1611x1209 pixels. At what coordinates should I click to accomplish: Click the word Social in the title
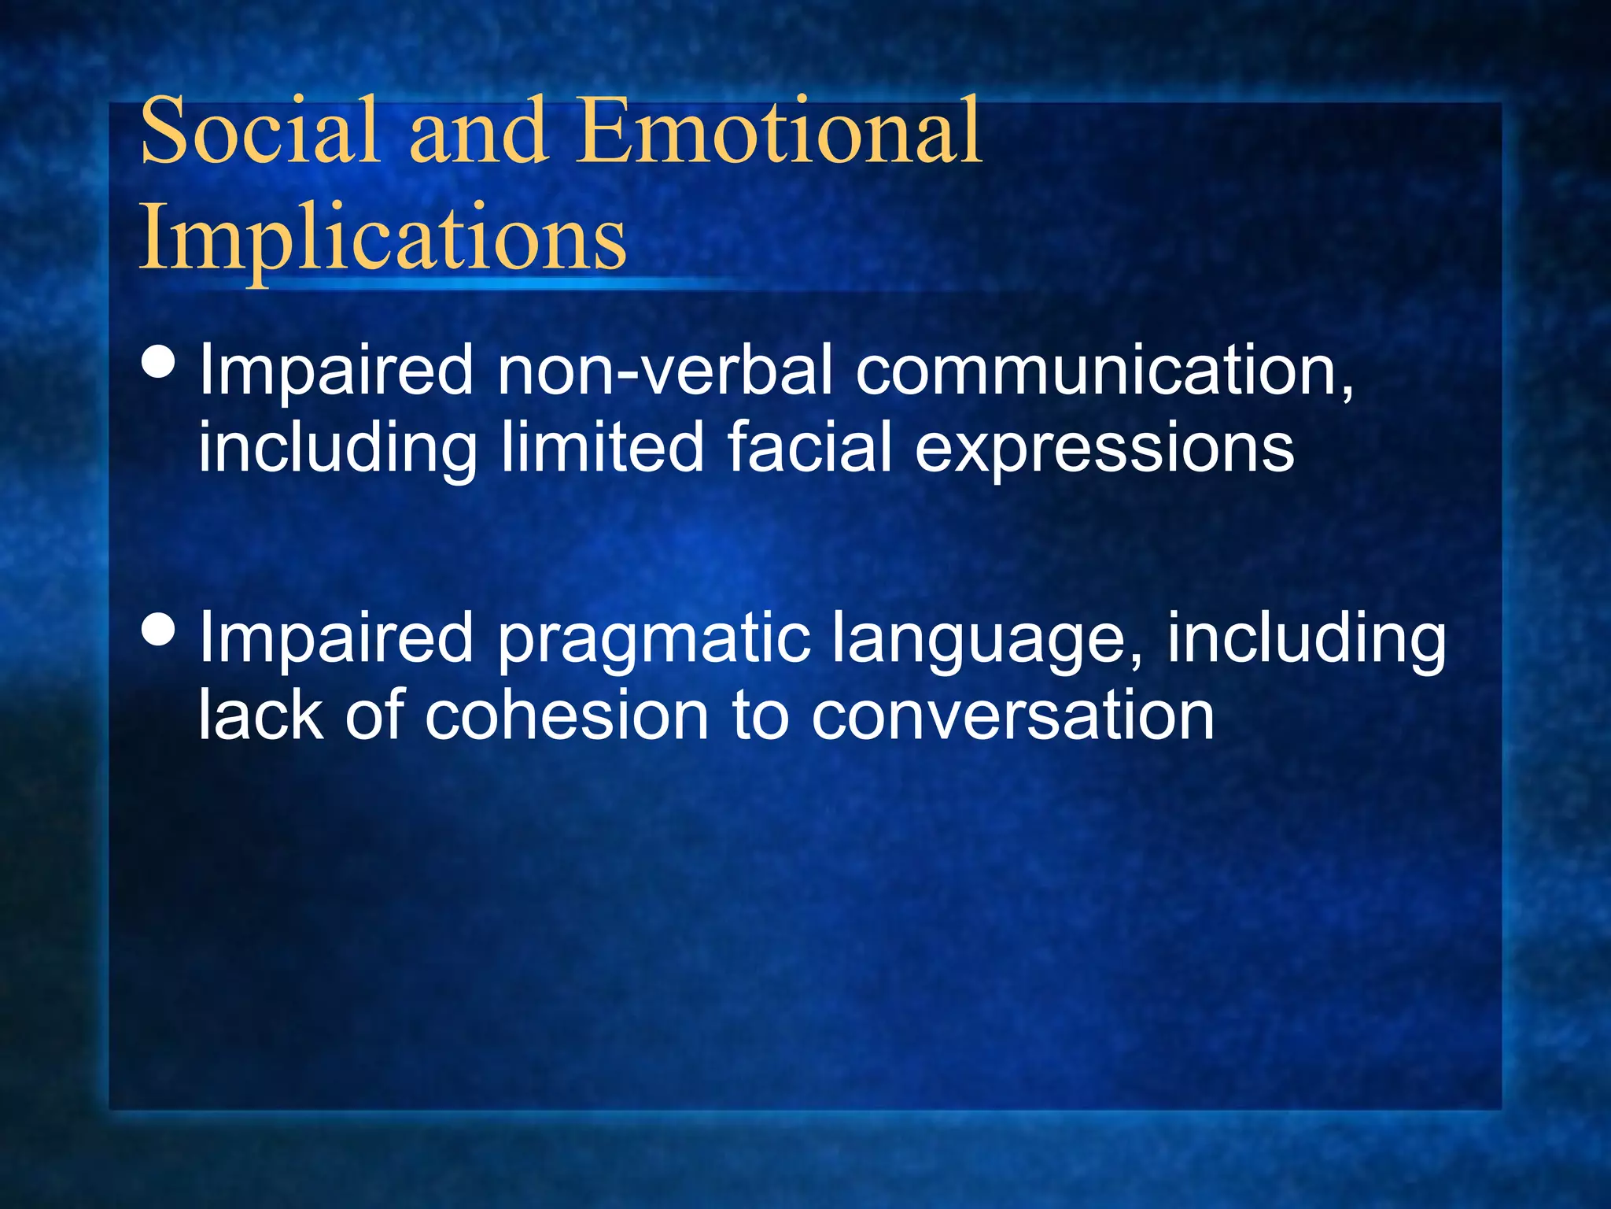coord(260,131)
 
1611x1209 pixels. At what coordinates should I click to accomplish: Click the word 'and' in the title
coord(477,131)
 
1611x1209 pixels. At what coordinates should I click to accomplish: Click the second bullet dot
coord(160,630)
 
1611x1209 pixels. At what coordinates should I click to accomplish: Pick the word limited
coord(602,447)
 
